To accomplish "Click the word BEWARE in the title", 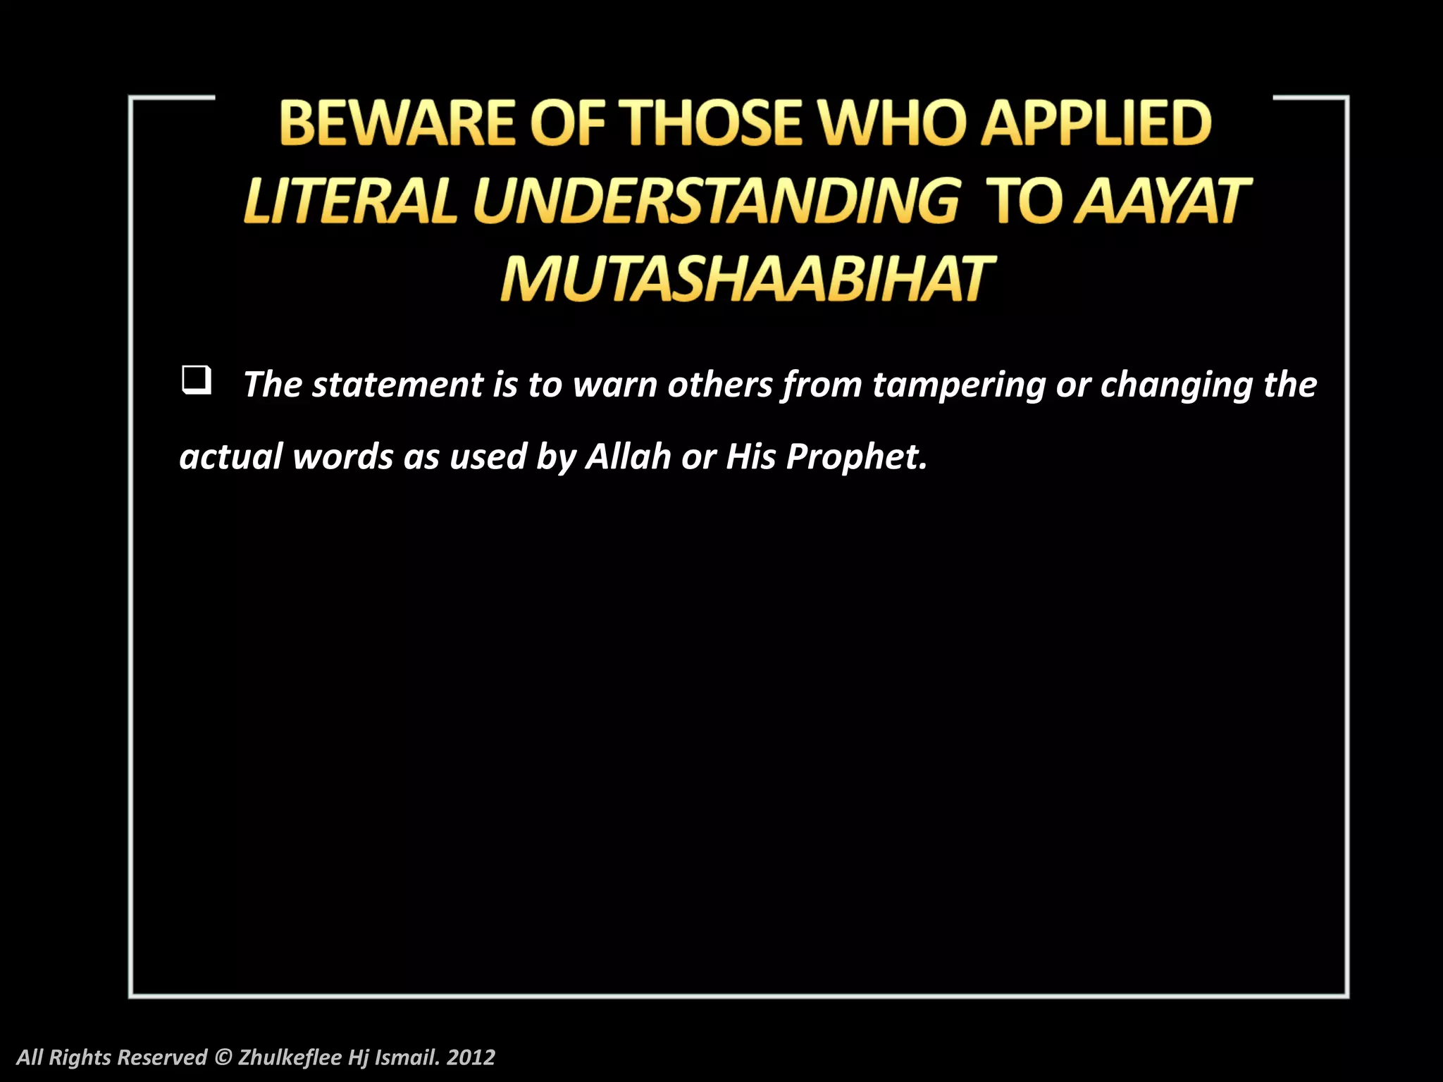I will (x=397, y=123).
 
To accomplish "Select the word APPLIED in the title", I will (x=1096, y=123).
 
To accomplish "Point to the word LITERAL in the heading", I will (x=351, y=201).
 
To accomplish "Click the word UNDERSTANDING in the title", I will (x=716, y=201).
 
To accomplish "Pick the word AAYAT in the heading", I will (x=1163, y=201).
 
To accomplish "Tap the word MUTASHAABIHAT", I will (x=747, y=280).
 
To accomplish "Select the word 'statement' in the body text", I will (x=397, y=385).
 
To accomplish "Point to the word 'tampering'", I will (x=958, y=385).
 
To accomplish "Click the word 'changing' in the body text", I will (x=1175, y=385).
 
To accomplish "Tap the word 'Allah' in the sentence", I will (x=628, y=456).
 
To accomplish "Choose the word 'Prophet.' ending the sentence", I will (x=856, y=456).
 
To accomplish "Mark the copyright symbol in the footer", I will (x=223, y=1057).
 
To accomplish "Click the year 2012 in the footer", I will (x=471, y=1057).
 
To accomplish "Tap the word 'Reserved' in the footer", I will (x=162, y=1057).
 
